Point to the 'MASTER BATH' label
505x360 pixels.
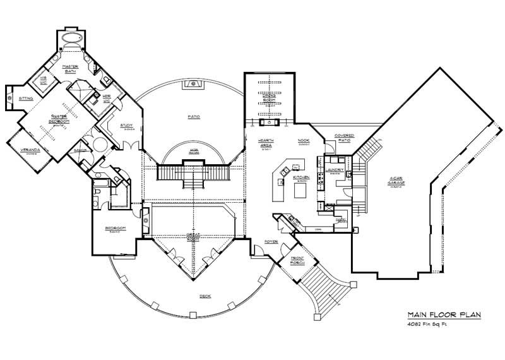coord(69,69)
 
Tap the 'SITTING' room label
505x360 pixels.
coord(26,99)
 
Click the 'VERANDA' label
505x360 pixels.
coord(26,150)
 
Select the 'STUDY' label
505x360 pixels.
coord(126,126)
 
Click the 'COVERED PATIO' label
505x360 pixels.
coord(344,137)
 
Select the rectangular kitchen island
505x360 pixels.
coord(301,188)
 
